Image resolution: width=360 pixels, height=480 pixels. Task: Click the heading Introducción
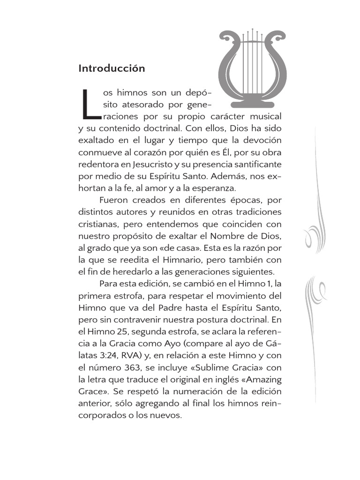(112, 68)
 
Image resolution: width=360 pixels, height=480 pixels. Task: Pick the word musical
(265, 116)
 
